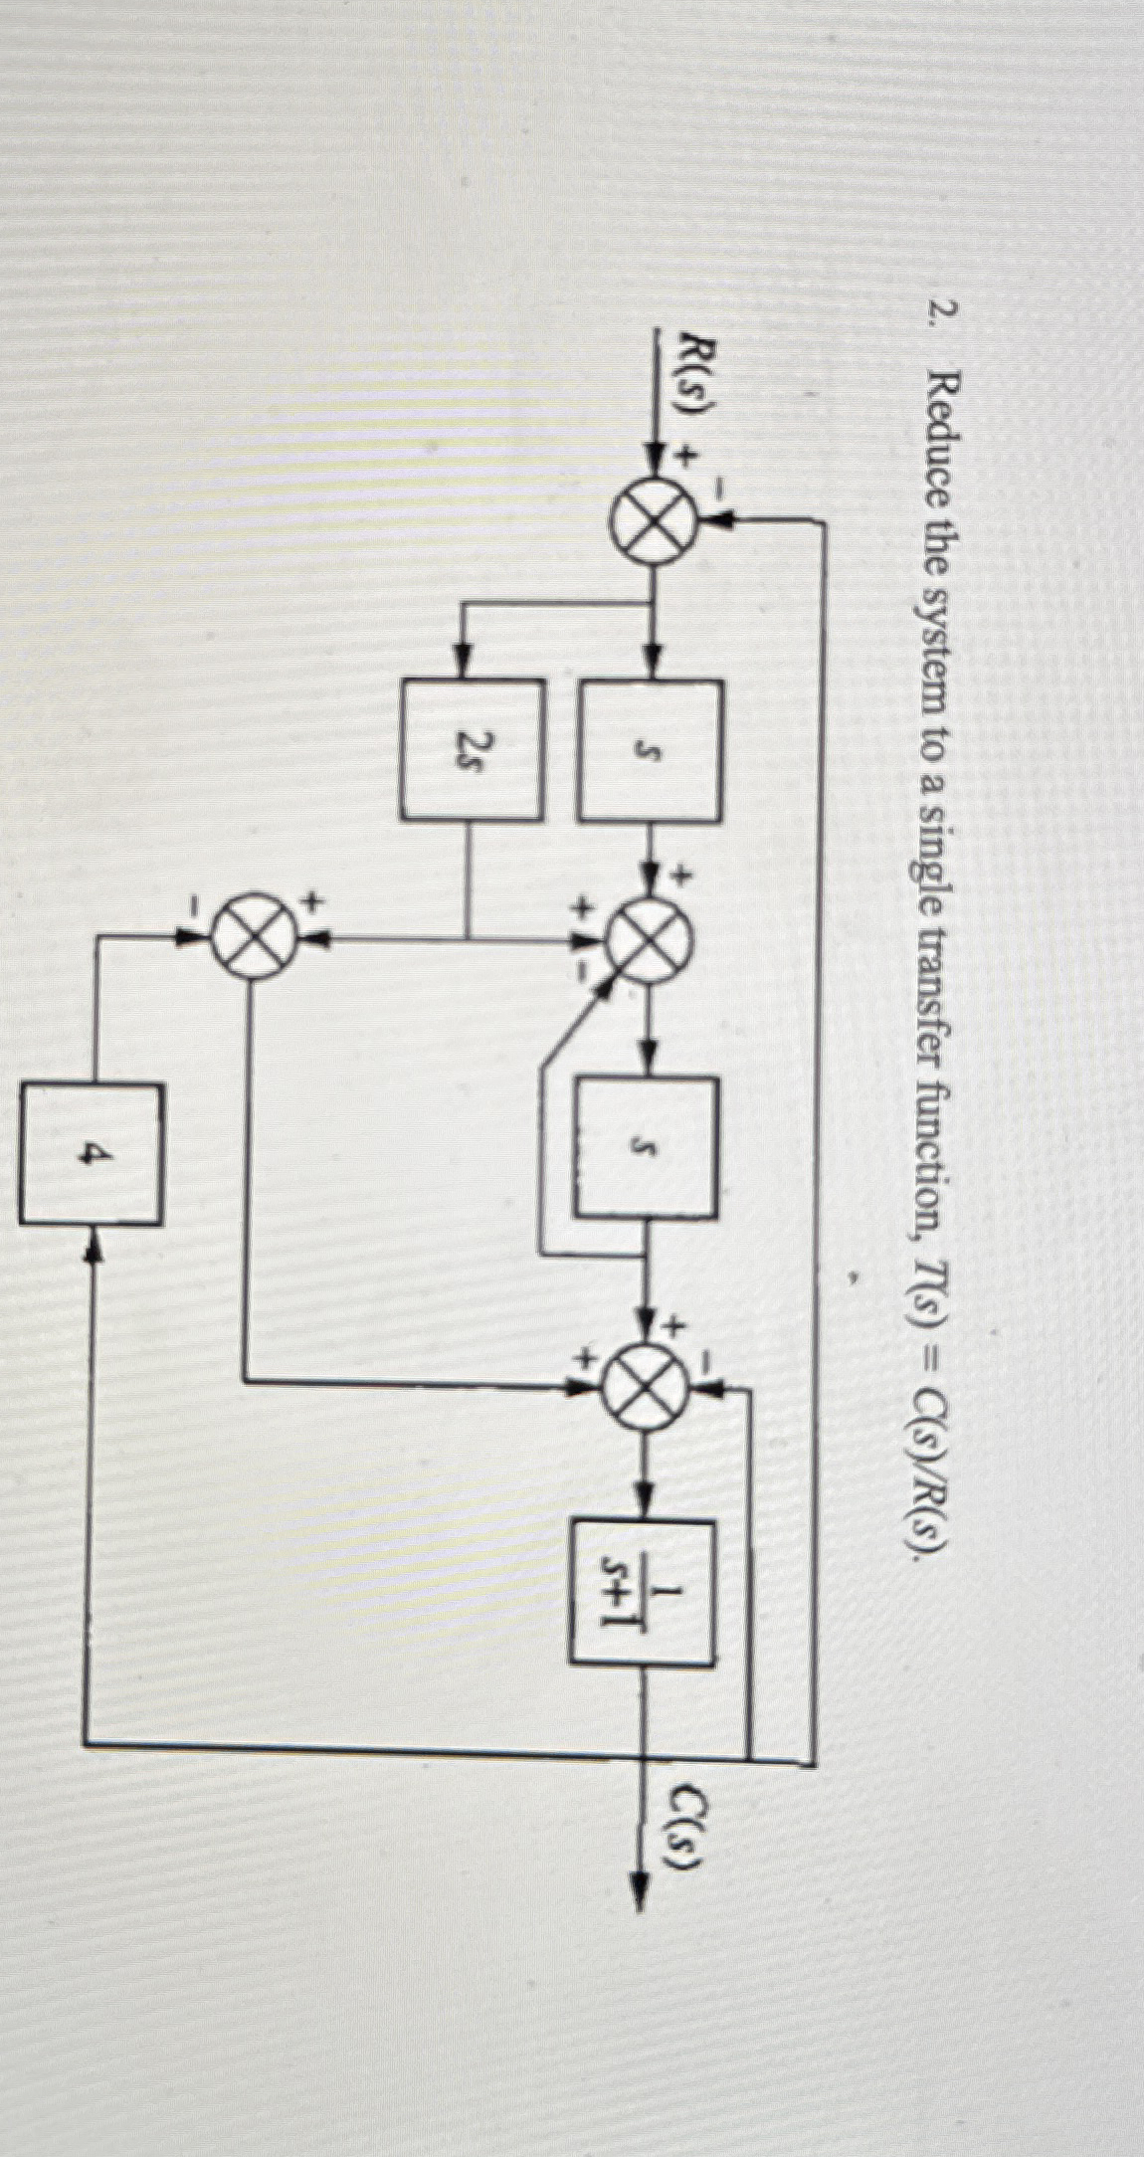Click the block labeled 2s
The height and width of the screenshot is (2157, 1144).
coord(473,748)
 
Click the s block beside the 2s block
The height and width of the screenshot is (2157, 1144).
coord(651,748)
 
